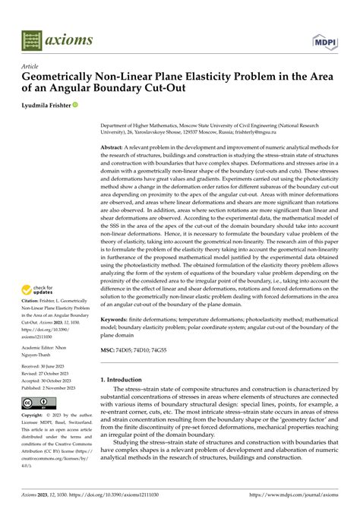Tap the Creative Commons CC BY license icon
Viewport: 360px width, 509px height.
point(35,403)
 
